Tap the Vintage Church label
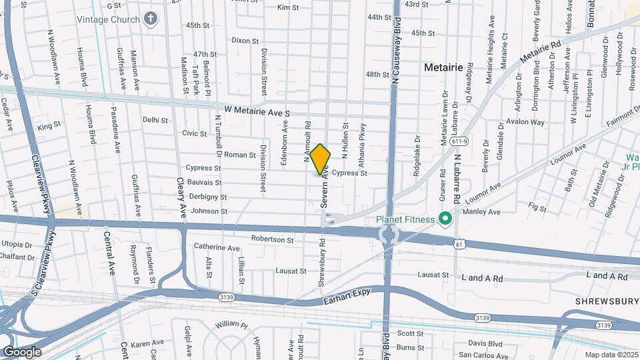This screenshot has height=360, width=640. point(108,19)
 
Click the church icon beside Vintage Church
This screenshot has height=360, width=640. point(151,19)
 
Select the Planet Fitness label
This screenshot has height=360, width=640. point(405,219)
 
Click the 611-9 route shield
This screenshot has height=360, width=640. point(458,141)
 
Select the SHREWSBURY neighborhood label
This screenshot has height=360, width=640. point(606,301)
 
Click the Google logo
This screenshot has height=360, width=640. point(21,351)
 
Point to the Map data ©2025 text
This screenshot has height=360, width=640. point(610,355)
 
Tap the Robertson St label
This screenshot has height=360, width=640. point(272,239)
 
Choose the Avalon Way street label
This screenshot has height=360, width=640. point(525,122)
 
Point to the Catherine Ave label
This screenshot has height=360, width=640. point(217,247)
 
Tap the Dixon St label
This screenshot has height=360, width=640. point(245,41)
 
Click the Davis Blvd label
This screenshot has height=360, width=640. point(485,343)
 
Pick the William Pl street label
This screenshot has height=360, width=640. point(231,325)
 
